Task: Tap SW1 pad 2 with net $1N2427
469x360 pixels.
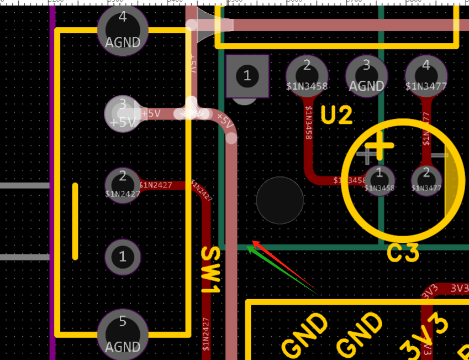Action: pyautogui.click(x=123, y=184)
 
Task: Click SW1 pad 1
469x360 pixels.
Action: pyautogui.click(x=123, y=257)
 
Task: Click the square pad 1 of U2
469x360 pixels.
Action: pyautogui.click(x=247, y=76)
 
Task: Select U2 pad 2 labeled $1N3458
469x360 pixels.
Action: pyautogui.click(x=307, y=76)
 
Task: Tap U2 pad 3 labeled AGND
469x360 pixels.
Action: pyautogui.click(x=366, y=76)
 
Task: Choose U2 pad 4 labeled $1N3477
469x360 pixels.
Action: pyautogui.click(x=426, y=76)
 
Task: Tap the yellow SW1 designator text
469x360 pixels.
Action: pyautogui.click(x=211, y=270)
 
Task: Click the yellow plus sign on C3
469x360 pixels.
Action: pyautogui.click(x=379, y=145)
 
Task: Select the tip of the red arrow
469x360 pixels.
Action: pyautogui.click(x=253, y=241)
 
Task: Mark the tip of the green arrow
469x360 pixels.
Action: pyautogui.click(x=247, y=247)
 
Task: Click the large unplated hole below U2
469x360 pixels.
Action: pyautogui.click(x=280, y=200)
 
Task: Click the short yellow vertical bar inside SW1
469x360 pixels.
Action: pyautogui.click(x=75, y=221)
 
